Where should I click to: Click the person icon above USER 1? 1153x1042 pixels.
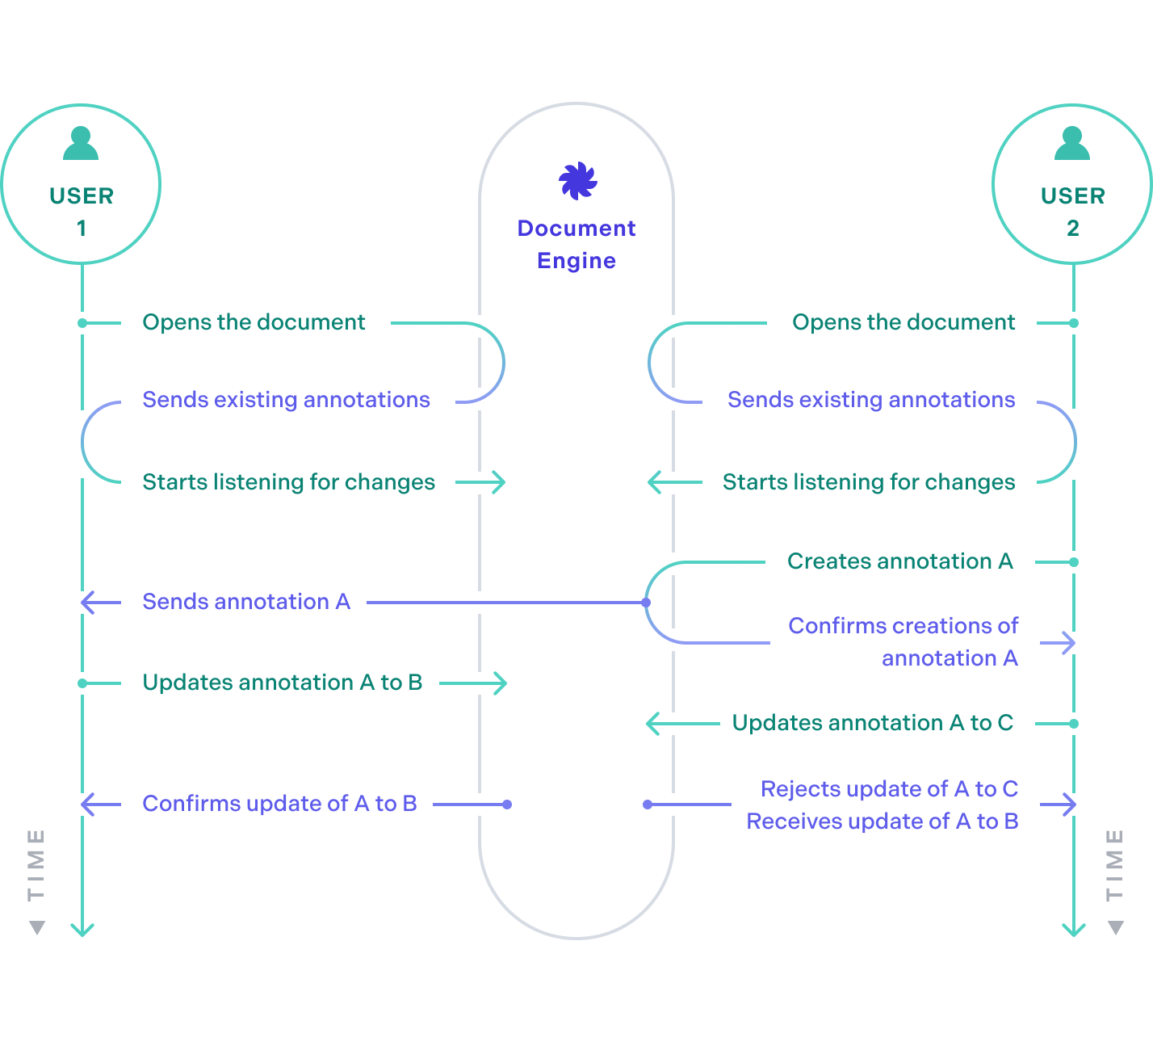[x=81, y=144]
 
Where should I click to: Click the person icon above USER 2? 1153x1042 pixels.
[x=1072, y=144]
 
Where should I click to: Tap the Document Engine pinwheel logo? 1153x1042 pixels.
[x=577, y=180]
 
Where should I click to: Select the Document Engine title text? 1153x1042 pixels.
[x=576, y=244]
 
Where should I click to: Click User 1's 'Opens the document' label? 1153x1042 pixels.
[x=254, y=322]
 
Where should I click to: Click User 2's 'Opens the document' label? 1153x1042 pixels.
[x=904, y=322]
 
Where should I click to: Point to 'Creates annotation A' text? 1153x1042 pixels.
[x=899, y=561]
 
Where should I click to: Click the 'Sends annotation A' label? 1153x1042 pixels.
[x=246, y=602]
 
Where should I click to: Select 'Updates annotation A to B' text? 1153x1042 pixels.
[x=283, y=683]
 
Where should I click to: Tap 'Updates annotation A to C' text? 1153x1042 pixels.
[x=872, y=723]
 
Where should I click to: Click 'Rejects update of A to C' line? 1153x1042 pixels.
[x=889, y=789]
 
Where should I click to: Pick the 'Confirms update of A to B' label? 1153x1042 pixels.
[x=279, y=804]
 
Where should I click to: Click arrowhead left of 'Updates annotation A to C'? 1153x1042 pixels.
[x=652, y=724]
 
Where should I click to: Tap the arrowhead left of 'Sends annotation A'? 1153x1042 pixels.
[x=87, y=603]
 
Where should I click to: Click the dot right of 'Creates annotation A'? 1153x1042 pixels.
[x=1074, y=562]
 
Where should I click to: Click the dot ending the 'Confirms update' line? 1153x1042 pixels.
[x=507, y=805]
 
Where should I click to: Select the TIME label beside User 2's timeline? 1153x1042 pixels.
[x=1115, y=864]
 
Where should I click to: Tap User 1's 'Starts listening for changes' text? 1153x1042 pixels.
[x=288, y=482]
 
